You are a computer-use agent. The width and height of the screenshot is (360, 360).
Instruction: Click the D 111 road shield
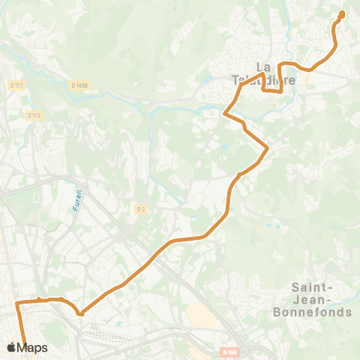click(16, 85)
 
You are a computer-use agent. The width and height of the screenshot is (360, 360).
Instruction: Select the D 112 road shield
click(32, 115)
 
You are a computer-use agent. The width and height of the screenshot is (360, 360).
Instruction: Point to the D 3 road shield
click(140, 208)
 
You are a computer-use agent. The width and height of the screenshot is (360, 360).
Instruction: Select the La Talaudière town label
click(263, 72)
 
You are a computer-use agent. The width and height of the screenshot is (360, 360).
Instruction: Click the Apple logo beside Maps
click(11, 347)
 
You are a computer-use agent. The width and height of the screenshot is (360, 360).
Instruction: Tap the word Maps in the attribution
click(33, 347)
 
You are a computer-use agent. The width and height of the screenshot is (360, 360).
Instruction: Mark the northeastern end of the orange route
click(342, 13)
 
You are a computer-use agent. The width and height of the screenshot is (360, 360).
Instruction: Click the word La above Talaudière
click(263, 65)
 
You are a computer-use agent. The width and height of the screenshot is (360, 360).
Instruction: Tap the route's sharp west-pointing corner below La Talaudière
click(225, 115)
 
